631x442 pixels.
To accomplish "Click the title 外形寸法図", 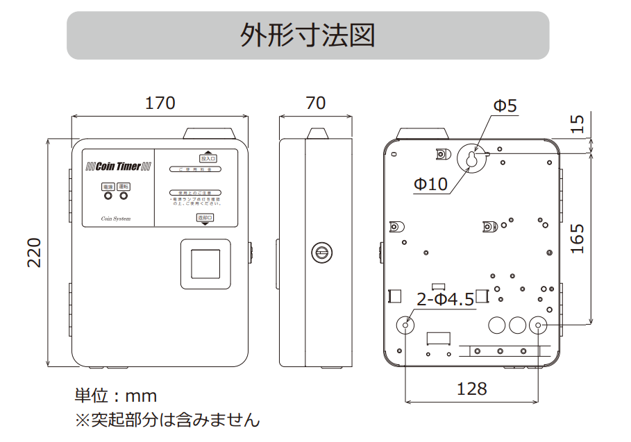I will coord(308,35).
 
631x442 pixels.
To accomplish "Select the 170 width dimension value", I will coord(160,103).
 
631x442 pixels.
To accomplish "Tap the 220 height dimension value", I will coord(35,253).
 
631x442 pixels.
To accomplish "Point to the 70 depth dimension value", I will coord(315,103).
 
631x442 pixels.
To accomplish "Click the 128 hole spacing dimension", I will coord(471,389).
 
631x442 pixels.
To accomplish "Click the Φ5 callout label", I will coord(505,106).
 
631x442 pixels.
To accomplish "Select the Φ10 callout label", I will coord(430,185).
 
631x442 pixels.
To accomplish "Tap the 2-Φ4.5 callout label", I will coord(445,300).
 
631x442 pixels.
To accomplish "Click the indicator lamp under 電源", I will coord(108,196).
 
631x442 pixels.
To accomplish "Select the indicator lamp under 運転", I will coord(124,196).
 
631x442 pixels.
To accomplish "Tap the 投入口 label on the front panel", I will coord(208,158).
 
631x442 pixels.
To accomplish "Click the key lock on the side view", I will coord(321,253).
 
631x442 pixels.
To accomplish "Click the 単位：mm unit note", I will coord(115,396).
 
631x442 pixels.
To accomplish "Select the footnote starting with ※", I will coord(167,420).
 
